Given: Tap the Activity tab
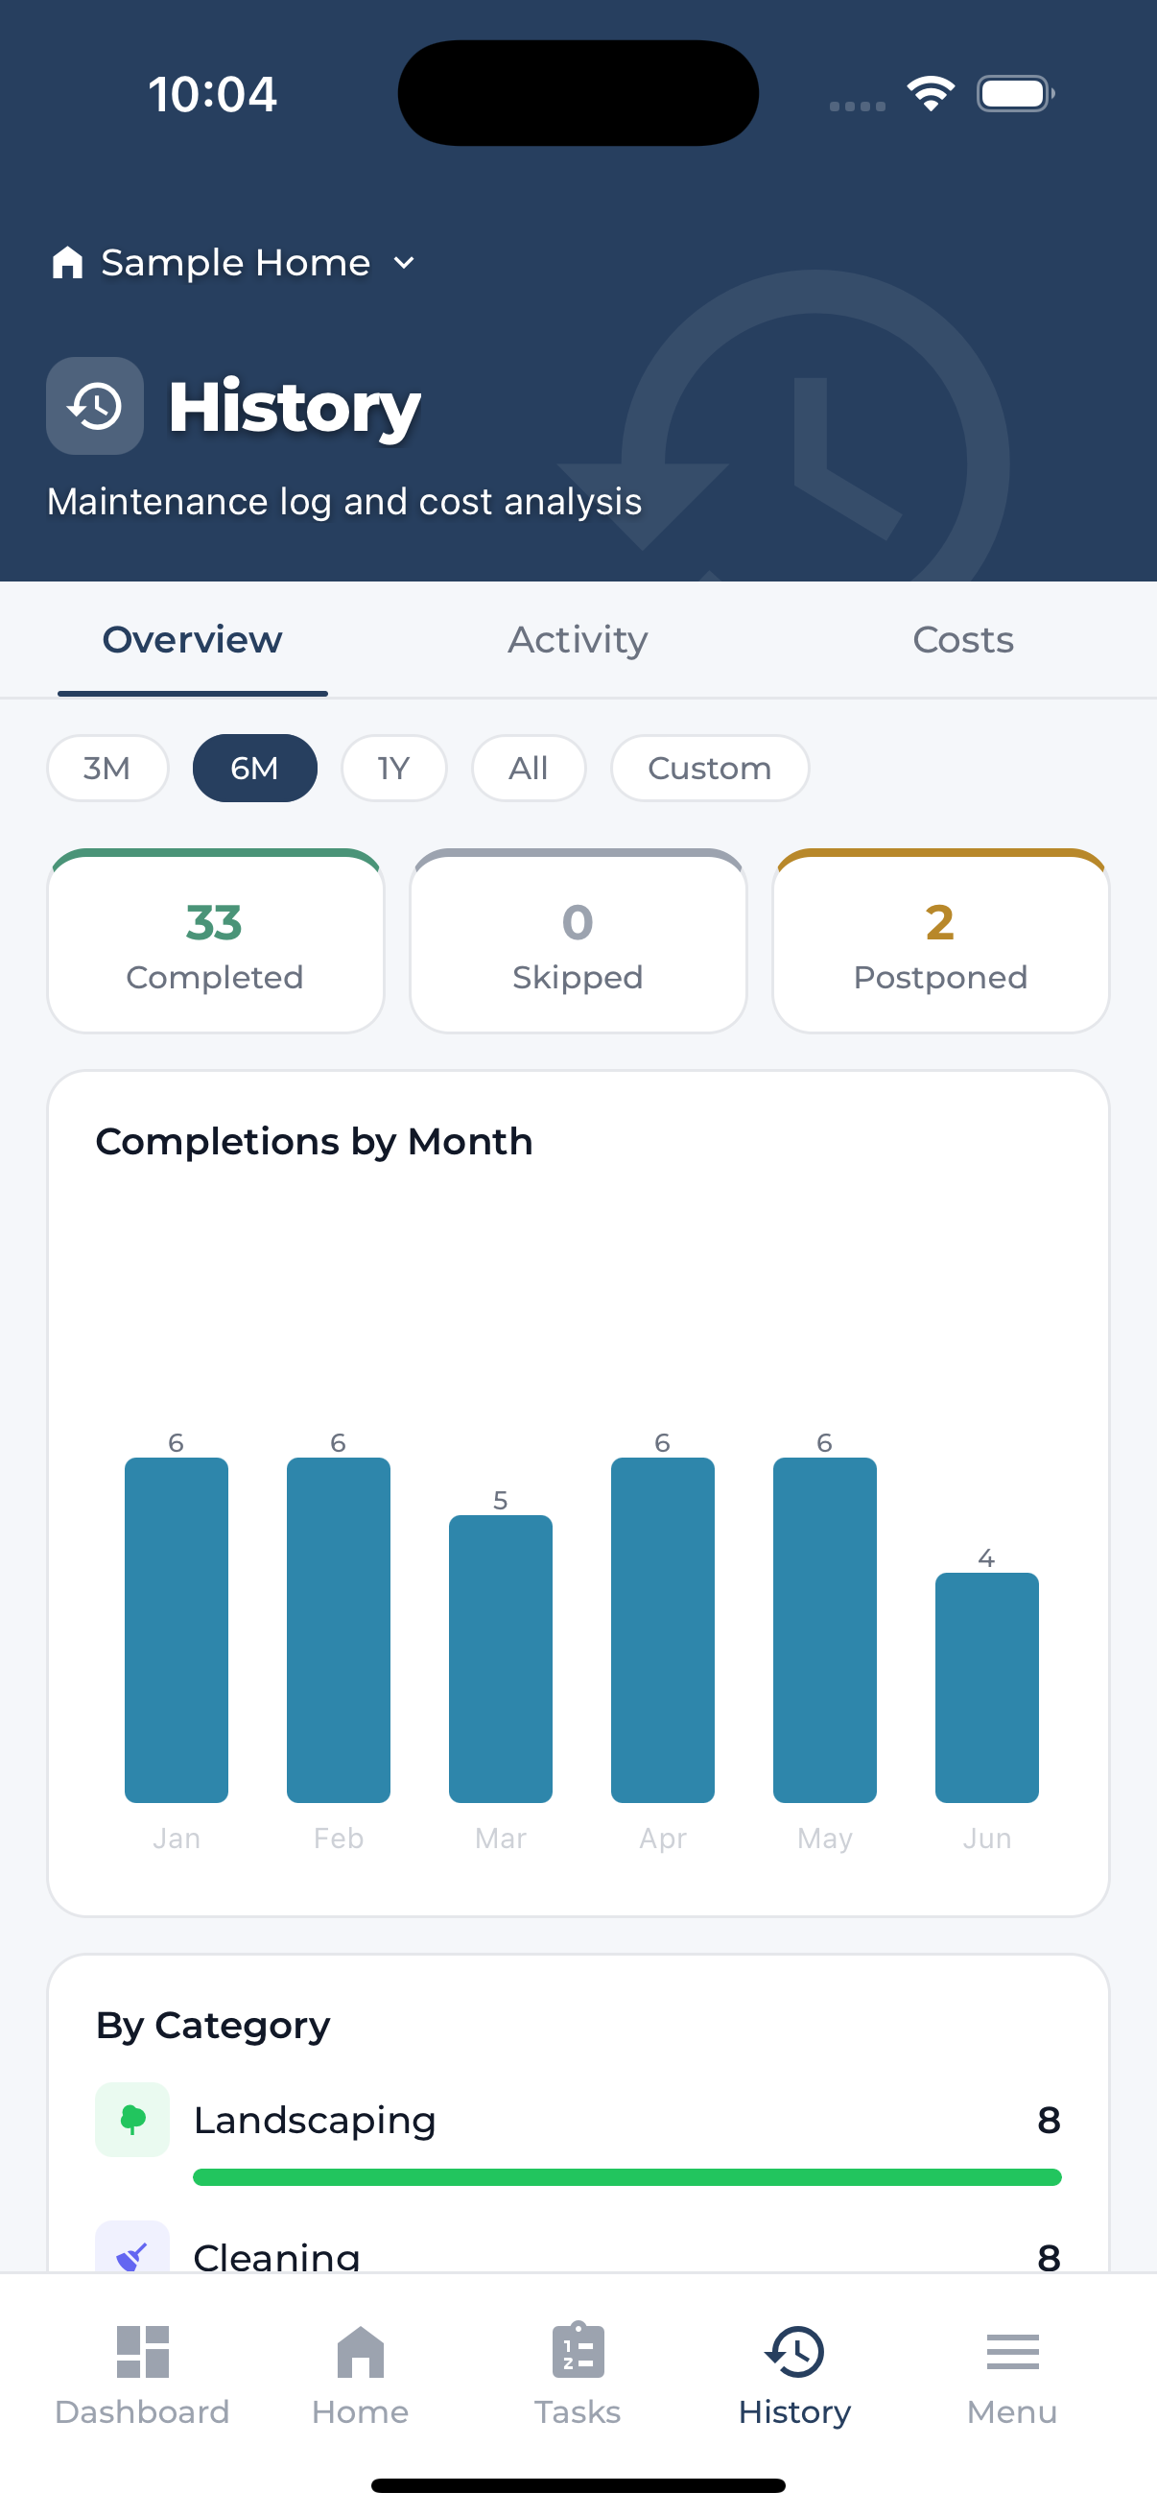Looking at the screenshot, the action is pyautogui.click(x=578, y=640).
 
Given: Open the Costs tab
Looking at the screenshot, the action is pyautogui.click(x=962, y=640).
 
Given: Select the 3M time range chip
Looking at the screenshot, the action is pyautogui.click(x=107, y=768).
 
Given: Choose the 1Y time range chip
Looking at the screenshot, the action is pyautogui.click(x=393, y=768).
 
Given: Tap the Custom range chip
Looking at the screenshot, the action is pyautogui.click(x=710, y=768).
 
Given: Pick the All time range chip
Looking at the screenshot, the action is pyautogui.click(x=529, y=768).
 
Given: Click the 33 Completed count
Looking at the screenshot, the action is pyautogui.click(x=214, y=922).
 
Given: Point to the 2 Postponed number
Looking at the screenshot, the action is pyautogui.click(x=940, y=922).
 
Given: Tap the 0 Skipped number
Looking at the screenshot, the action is pyautogui.click(x=578, y=922).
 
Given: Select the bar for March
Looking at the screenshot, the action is pyautogui.click(x=501, y=1658).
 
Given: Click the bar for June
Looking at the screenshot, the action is pyautogui.click(x=987, y=1688).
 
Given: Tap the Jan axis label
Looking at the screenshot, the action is pyautogui.click(x=177, y=1839).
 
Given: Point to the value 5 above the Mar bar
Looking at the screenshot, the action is pyautogui.click(x=501, y=1499).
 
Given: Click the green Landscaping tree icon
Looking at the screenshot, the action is pyautogui.click(x=132, y=2120).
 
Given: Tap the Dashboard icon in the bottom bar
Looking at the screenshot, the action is pyautogui.click(x=143, y=2351).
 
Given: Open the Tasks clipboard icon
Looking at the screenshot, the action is pyautogui.click(x=578, y=2349).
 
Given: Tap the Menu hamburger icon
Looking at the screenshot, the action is pyautogui.click(x=1012, y=2352).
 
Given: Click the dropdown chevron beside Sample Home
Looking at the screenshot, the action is pyautogui.click(x=404, y=263).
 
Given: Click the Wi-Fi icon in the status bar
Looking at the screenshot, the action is pyautogui.click(x=931, y=94).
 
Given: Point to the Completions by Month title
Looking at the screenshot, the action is pyautogui.click(x=315, y=1141).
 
